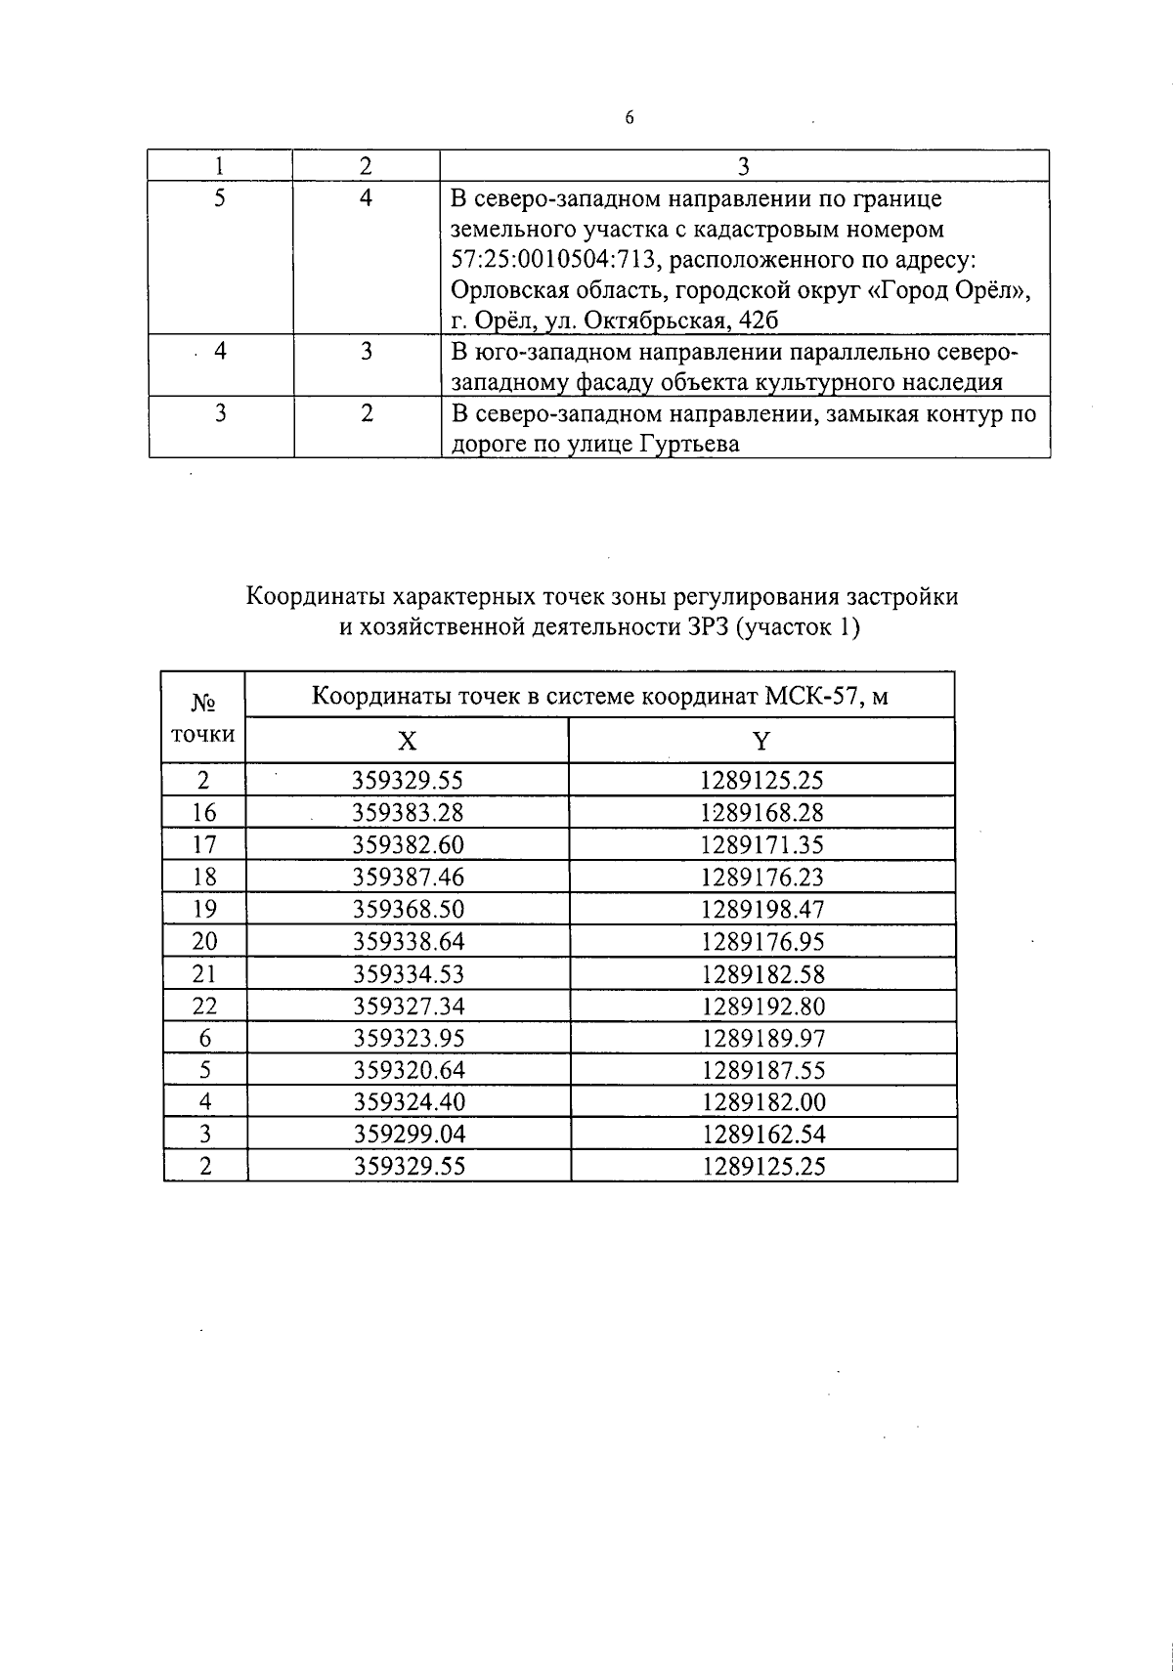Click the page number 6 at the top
[629, 118]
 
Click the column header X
[407, 741]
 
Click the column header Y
[760, 741]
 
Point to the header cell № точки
[203, 718]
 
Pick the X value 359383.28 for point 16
[408, 813]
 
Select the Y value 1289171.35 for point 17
[762, 845]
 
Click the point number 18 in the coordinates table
[204, 878]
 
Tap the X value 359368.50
[408, 910]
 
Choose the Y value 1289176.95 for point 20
[762, 942]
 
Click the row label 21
[204, 974]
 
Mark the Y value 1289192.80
[762, 1007]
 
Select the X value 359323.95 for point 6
[408, 1039]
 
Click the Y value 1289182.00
[762, 1103]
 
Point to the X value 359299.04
[408, 1135]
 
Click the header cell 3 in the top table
[743, 166]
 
